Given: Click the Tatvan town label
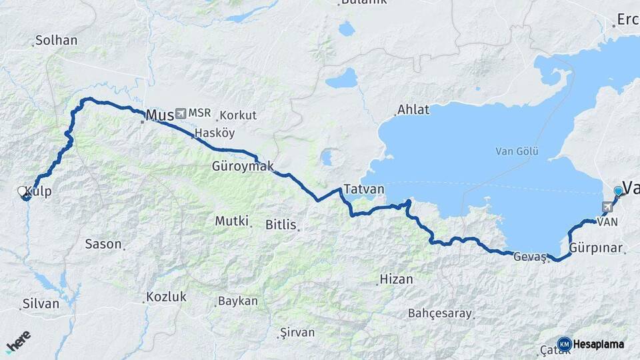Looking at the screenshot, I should click(364, 189).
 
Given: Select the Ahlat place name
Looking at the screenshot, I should click(413, 109).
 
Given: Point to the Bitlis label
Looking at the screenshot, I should click(281, 225).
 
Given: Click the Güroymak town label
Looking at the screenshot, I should click(243, 166).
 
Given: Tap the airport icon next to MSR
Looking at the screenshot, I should click(181, 113).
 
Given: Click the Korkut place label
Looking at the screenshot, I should click(237, 115).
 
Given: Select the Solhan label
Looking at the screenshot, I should click(56, 40).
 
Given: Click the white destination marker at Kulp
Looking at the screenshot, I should click(23, 192).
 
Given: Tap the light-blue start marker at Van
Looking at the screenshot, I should click(618, 191).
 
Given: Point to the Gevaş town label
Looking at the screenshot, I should click(530, 256).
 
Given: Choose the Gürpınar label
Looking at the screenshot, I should click(596, 249).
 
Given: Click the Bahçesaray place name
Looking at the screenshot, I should click(439, 313).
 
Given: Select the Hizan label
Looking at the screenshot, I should click(396, 279).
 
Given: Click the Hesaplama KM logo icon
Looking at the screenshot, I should click(565, 344).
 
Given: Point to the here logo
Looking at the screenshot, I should click(18, 341).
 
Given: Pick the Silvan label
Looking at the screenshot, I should click(41, 303).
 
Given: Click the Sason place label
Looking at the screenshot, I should click(103, 244).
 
